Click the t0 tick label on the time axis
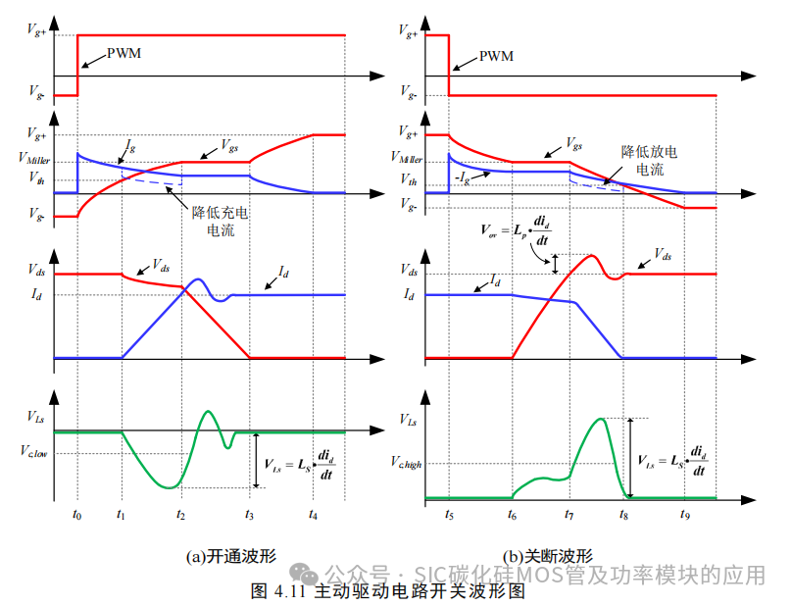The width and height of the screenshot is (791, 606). click(x=77, y=513)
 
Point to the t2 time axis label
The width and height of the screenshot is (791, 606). click(x=180, y=513)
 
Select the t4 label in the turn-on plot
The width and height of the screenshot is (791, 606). click(x=313, y=513)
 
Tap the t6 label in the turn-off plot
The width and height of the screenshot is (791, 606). click(x=511, y=513)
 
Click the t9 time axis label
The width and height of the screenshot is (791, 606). click(x=685, y=513)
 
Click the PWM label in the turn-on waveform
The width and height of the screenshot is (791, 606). click(x=124, y=52)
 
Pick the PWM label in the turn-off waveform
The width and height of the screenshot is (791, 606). click(x=495, y=58)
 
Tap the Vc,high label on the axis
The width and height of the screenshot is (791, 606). click(x=404, y=463)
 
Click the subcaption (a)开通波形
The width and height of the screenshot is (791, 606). click(x=231, y=556)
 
